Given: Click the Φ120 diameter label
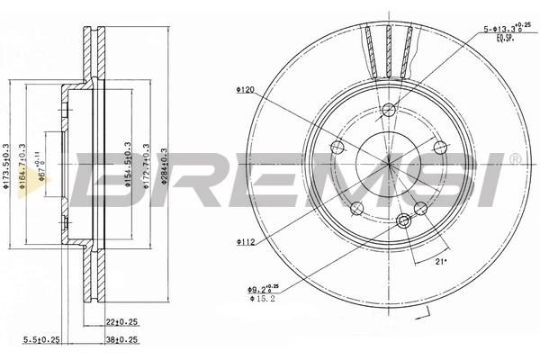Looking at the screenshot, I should click(247, 90).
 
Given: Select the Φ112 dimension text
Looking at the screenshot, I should click(247, 241).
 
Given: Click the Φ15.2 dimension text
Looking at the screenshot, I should click(261, 300).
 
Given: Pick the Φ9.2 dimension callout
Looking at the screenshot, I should click(261, 289).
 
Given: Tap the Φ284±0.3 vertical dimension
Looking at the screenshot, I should click(164, 166).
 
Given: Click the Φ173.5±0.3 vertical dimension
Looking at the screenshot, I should click(8, 166).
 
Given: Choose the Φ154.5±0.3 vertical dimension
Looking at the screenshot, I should click(127, 166).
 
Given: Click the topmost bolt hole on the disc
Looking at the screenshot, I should click(388, 111).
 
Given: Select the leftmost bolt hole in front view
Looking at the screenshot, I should click(337, 148).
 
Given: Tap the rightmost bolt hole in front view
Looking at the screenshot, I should click(440, 148).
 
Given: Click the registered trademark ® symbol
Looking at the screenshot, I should click(515, 159).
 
